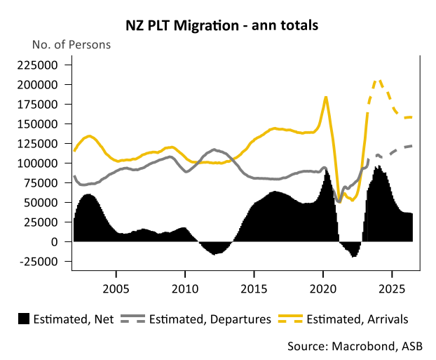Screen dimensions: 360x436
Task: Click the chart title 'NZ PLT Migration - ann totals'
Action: point(217,26)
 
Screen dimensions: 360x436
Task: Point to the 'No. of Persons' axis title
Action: point(71,45)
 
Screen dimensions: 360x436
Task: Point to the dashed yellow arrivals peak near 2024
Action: point(379,81)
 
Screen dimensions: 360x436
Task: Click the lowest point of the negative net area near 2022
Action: point(354,256)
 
